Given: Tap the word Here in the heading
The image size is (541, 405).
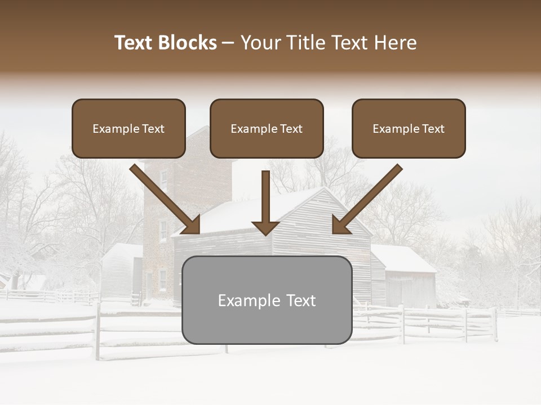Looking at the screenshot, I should coord(394,43).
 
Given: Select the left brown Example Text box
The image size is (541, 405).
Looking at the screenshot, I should coord(128,128).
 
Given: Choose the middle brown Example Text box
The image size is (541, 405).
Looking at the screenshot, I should coord(267,128).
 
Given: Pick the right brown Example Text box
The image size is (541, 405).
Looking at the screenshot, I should coord(409,128).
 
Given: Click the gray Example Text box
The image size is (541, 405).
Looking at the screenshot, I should coord(267,300).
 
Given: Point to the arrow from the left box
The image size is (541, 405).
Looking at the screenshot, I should coord(166,200).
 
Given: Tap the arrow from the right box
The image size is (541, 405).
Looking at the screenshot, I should coord(366,200).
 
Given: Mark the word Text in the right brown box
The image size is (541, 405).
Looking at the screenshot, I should coord(433,129).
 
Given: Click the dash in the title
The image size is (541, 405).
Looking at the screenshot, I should coord(228,43).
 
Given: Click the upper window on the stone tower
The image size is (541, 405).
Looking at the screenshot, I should coord(163,179).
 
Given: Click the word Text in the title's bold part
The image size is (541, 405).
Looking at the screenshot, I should coord(134,43).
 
